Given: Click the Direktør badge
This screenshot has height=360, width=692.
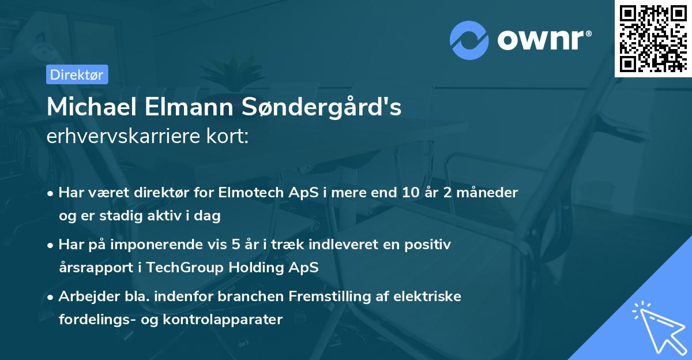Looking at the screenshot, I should tap(77, 74).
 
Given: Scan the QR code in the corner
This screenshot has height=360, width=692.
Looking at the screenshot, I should tap(653, 38).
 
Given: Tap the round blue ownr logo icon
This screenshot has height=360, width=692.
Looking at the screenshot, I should tap(469, 41).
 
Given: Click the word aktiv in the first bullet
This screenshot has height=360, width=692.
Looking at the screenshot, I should tap(166, 216).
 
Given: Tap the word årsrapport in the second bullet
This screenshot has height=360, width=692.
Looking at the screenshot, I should tap(93, 268).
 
